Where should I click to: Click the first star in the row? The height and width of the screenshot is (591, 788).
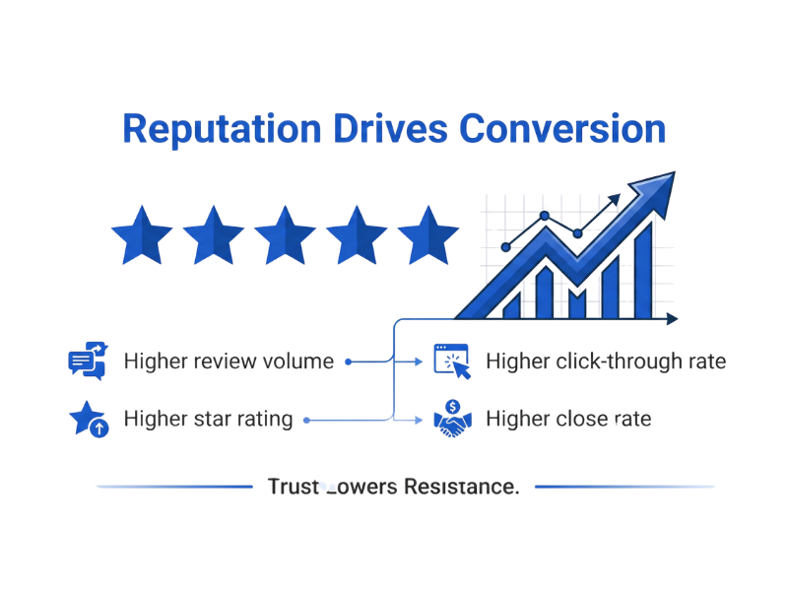pos(142,235)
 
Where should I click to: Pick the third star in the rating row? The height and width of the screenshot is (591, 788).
pos(285,235)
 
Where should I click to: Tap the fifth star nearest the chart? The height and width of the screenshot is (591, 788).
pos(427,235)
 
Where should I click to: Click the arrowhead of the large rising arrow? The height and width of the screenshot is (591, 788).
pos(654,193)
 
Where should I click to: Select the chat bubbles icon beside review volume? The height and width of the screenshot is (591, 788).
pos(87,361)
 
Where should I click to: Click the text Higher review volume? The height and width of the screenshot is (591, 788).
pos(229,361)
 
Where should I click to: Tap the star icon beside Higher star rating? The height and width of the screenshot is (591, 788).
pos(88,419)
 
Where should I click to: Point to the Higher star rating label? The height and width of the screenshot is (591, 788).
pos(208,420)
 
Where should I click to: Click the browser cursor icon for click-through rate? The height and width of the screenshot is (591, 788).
pos(452,361)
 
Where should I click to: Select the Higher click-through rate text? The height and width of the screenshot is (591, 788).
pos(606,361)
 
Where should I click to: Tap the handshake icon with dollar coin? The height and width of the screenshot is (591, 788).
pos(452,419)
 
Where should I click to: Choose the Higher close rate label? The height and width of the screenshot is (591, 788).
pos(568,420)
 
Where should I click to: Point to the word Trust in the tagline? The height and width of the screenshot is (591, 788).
pos(295,486)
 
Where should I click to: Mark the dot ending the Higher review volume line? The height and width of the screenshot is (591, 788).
pos(348,361)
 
